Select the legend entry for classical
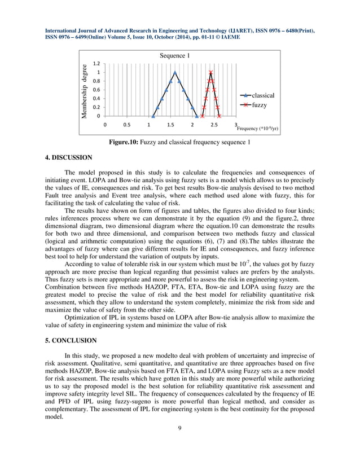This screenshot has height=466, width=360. (263, 96)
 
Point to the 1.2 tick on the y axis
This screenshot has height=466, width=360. (98, 64)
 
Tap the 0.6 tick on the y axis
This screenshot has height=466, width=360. (98, 90)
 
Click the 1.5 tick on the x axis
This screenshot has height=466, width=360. (170, 125)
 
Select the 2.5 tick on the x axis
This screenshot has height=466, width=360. (214, 125)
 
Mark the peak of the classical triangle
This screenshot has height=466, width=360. (175, 72)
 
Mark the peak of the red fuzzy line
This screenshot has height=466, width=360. (210, 72)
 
